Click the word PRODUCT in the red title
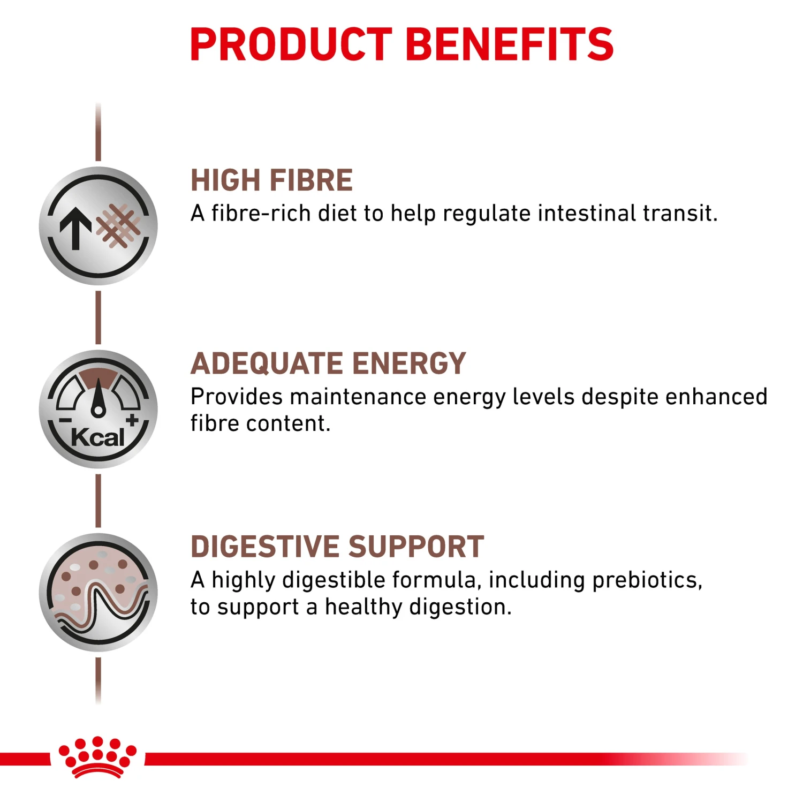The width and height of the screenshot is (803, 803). click(x=292, y=44)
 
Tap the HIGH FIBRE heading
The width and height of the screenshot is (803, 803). click(x=271, y=180)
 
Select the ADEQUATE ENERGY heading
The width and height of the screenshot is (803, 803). click(x=328, y=363)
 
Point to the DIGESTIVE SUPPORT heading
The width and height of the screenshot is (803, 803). click(x=337, y=547)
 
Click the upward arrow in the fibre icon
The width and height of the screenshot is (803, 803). click(x=75, y=228)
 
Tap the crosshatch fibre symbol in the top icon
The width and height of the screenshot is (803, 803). click(x=118, y=225)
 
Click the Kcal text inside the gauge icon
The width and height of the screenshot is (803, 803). click(x=98, y=437)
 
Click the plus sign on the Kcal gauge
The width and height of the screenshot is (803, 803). click(x=132, y=420)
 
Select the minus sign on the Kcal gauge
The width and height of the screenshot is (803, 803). click(x=65, y=420)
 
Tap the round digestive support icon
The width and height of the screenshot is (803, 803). click(x=98, y=593)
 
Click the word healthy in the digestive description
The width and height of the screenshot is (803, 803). click(x=363, y=607)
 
